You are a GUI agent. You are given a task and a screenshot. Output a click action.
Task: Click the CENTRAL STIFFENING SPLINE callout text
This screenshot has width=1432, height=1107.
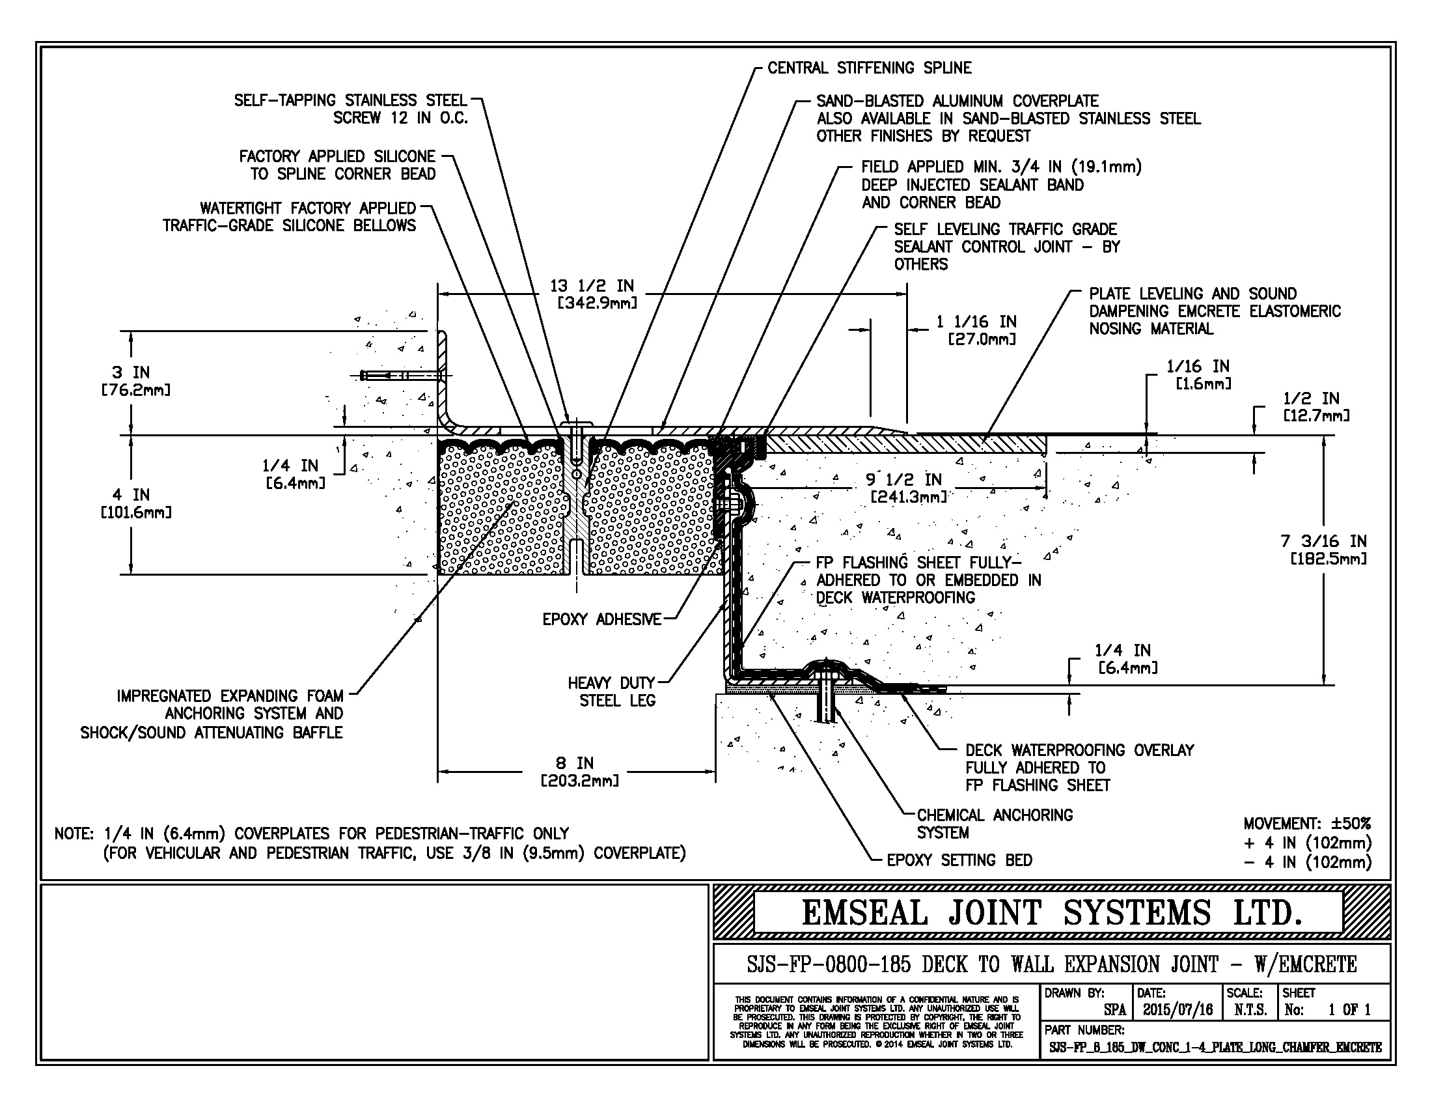tap(869, 68)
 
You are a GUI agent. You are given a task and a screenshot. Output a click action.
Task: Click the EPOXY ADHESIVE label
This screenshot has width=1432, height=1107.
tap(601, 619)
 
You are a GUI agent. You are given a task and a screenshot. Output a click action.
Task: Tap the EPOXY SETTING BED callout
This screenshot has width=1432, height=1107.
tap(959, 860)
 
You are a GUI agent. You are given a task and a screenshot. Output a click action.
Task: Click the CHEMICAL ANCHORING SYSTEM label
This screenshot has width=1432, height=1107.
tap(994, 824)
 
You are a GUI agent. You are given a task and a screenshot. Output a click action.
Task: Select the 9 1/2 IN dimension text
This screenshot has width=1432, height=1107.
tap(907, 488)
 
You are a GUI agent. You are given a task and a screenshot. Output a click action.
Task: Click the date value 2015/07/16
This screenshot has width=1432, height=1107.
tap(1177, 1009)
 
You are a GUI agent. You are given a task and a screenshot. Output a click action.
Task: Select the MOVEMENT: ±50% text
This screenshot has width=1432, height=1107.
tap(1307, 824)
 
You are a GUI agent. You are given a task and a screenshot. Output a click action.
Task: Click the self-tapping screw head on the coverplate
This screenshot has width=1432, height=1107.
tap(576, 422)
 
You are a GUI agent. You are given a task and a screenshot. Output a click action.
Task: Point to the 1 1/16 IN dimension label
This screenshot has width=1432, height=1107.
tap(976, 330)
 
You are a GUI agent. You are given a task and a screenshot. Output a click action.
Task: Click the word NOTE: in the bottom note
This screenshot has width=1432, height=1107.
tap(76, 834)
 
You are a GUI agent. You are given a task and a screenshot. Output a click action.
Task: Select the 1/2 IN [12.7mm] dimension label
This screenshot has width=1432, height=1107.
tap(1315, 406)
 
